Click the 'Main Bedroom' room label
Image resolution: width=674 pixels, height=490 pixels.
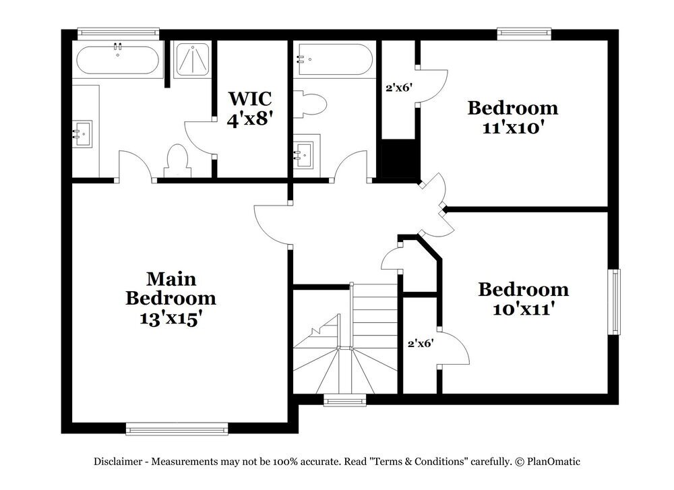[x=171, y=288]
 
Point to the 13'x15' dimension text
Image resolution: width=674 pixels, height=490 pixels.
[x=171, y=318]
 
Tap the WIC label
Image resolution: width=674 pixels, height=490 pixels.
[x=249, y=98]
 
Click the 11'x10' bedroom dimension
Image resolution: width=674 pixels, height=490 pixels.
[x=512, y=127]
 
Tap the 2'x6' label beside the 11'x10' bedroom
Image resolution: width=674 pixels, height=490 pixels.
[x=398, y=88]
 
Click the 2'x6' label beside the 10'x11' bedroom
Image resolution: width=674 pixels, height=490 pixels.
[x=420, y=343]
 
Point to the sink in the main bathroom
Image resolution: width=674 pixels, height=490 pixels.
[x=84, y=133]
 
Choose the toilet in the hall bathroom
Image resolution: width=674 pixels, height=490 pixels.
[x=311, y=104]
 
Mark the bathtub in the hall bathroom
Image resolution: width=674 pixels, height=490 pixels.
[x=335, y=61]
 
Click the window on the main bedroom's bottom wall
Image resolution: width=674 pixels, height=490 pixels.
[x=177, y=428]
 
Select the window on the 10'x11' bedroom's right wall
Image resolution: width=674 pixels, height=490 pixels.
[x=614, y=301]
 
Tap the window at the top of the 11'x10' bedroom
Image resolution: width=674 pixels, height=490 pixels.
[x=524, y=32]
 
